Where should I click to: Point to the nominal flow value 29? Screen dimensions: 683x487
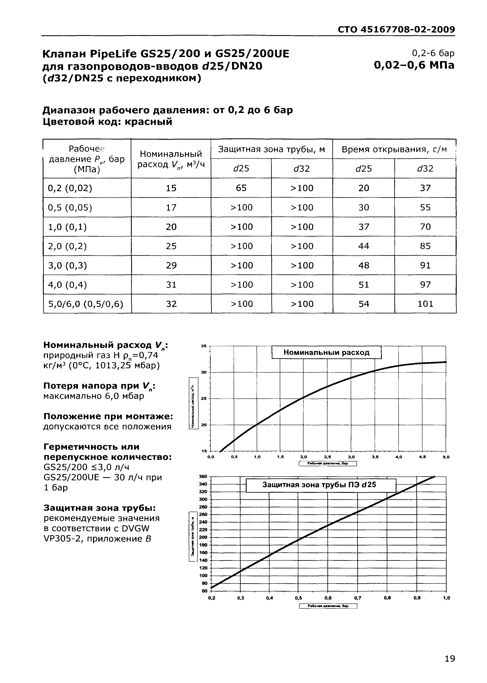coord(171,265)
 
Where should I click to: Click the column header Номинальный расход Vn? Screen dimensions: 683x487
coord(171,159)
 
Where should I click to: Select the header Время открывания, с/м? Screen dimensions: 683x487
coord(394,149)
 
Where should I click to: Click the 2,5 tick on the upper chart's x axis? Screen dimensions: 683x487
coord(327,457)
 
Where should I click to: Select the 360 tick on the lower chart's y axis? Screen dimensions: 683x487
coord(203,477)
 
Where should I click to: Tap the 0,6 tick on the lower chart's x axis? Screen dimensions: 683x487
coord(328,598)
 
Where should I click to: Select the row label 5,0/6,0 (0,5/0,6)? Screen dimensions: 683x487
coord(86,304)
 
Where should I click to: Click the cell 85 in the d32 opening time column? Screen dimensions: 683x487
coord(425,246)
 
